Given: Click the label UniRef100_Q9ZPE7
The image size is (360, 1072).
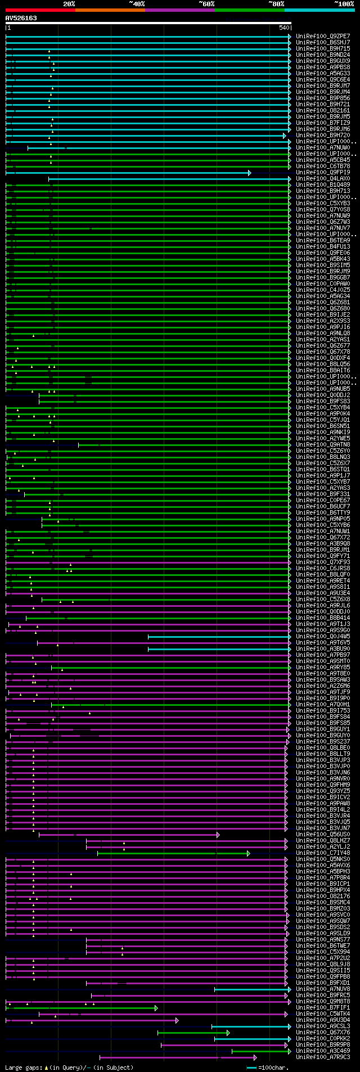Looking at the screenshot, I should click(x=323, y=36).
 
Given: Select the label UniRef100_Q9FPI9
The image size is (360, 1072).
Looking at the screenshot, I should click(x=323, y=173).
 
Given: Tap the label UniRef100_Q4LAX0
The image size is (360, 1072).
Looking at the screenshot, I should click(x=323, y=179).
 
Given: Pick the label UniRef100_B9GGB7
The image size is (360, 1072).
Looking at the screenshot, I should click(x=323, y=278).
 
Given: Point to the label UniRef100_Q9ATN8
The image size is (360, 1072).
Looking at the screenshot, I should click(x=323, y=445).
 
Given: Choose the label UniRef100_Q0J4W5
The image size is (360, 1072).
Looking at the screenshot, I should click(x=323, y=637).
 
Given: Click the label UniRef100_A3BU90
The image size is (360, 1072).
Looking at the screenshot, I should click(x=323, y=649).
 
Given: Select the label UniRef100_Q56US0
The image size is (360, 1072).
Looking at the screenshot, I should click(x=323, y=835).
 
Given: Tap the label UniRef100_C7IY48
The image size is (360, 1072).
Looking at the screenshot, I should click(x=323, y=853).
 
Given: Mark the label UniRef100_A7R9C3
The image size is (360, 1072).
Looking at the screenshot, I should click(x=323, y=1057).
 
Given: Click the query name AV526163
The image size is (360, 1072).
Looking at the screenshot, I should click(x=21, y=18).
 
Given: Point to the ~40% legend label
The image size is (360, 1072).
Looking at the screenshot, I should click(x=137, y=4).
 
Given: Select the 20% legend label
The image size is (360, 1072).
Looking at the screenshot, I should click(x=69, y=4).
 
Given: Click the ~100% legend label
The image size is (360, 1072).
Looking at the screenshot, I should click(x=344, y=4).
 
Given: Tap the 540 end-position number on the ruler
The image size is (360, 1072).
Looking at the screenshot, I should click(x=283, y=28).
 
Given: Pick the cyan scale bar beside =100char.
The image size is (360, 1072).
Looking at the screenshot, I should click(x=251, y=1068).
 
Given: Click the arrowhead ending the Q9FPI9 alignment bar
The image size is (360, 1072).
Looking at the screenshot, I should click(x=250, y=173).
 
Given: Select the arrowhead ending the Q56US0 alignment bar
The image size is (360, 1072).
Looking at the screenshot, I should click(x=218, y=835).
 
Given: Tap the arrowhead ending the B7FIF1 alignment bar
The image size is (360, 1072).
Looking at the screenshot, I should click(x=156, y=1008).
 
